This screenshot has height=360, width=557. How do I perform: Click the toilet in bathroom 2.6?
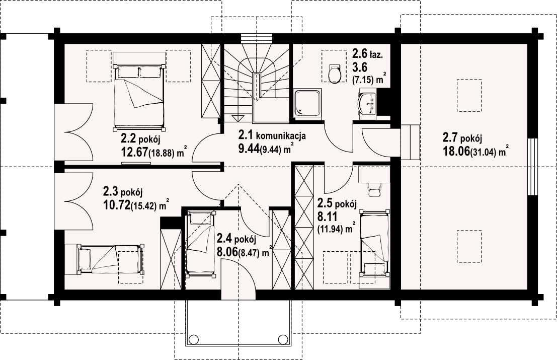click(x=334, y=73)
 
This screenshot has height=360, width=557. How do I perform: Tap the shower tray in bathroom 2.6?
click(x=307, y=103)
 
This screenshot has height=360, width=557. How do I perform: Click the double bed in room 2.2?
click(x=139, y=96)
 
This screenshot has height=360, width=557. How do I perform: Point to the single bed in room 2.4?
click(x=201, y=244)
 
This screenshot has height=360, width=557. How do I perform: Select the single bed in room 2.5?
click(x=375, y=243)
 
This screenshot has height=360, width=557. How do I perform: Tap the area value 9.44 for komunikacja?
click(x=249, y=149)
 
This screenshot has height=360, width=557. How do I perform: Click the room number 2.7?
click(x=450, y=137)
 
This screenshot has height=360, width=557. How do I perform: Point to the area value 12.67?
click(x=134, y=152)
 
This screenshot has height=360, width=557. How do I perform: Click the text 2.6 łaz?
click(x=367, y=54)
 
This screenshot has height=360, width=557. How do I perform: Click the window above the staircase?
click(x=257, y=38)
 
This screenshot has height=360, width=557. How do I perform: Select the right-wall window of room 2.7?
click(x=531, y=166)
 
